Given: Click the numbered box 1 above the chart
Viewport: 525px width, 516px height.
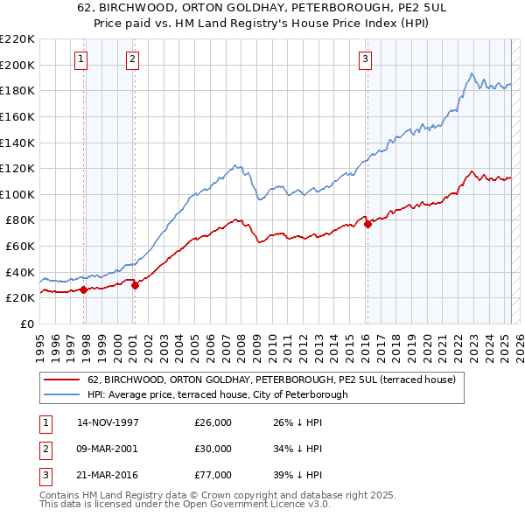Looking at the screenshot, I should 80,59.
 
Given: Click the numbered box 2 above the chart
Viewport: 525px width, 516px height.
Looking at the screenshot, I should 132,59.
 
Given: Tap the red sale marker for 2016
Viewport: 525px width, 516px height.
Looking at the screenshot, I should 367,224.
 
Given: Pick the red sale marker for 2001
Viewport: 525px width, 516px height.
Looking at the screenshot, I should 136,284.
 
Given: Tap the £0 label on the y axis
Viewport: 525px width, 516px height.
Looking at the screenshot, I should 25,324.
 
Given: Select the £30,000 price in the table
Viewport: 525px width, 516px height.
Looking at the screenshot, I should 213,449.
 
